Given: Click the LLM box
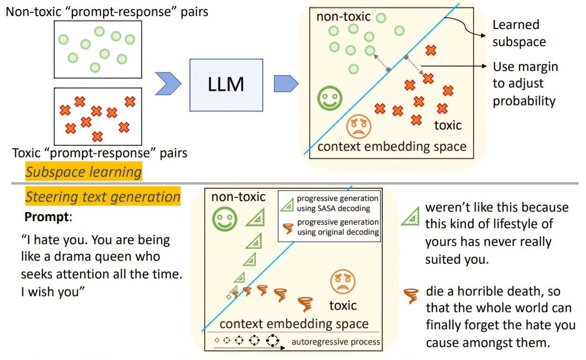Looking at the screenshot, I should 226,85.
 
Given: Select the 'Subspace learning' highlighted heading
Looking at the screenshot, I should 83,172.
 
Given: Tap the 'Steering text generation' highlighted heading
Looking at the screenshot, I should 103,196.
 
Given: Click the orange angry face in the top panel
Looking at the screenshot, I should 358,126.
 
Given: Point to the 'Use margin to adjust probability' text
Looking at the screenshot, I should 525,84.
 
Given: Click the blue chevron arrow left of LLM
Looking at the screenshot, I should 168,84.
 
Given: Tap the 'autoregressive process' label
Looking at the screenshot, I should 336,342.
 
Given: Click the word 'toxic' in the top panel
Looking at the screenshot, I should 448,125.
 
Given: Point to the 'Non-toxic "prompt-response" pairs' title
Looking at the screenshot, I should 107,11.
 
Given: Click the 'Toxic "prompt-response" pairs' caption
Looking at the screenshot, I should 99,153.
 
